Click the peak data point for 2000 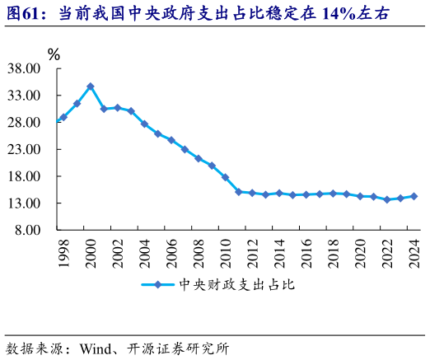tap(91, 86)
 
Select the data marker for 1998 tap(63, 117)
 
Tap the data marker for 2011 tap(238, 192)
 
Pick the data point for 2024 tap(414, 196)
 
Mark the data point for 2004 tap(144, 124)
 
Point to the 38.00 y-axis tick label tap(24, 69)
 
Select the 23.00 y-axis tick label tap(24, 149)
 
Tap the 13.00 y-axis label tap(24, 203)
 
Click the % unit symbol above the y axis tap(54, 54)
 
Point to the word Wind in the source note tap(96, 348)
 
